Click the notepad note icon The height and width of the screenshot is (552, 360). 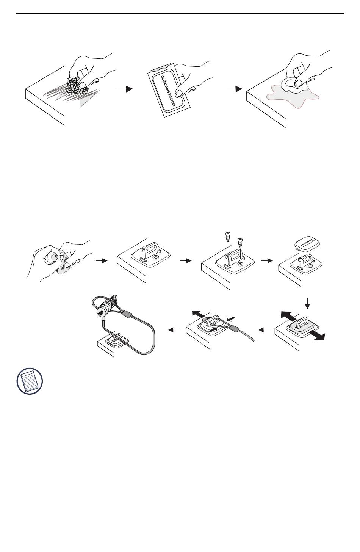tap(30, 380)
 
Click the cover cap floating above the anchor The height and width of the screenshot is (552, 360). tap(305, 243)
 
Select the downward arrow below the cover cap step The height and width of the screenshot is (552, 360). tap(308, 303)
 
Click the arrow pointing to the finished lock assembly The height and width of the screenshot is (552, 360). tap(174, 330)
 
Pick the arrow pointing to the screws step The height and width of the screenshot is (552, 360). tap(186, 261)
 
